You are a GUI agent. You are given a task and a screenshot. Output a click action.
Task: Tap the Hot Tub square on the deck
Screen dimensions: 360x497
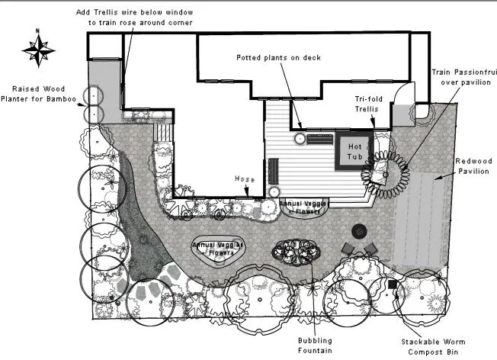(x=353, y=150)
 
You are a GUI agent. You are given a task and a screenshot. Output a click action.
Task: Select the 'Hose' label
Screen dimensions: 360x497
(x=244, y=178)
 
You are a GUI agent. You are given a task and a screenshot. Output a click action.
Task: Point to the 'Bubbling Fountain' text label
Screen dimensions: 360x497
(x=315, y=345)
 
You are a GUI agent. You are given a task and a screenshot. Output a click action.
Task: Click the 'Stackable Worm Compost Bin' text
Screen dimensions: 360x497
(x=434, y=346)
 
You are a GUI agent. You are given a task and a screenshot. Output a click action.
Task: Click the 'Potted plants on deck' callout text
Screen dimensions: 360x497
(x=278, y=57)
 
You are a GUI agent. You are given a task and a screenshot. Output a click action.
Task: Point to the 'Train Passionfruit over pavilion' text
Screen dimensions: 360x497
(x=463, y=76)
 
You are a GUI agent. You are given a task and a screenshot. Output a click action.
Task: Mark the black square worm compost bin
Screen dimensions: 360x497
(x=392, y=284)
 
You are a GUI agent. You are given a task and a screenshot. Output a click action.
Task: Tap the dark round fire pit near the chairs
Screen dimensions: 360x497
(x=358, y=230)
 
